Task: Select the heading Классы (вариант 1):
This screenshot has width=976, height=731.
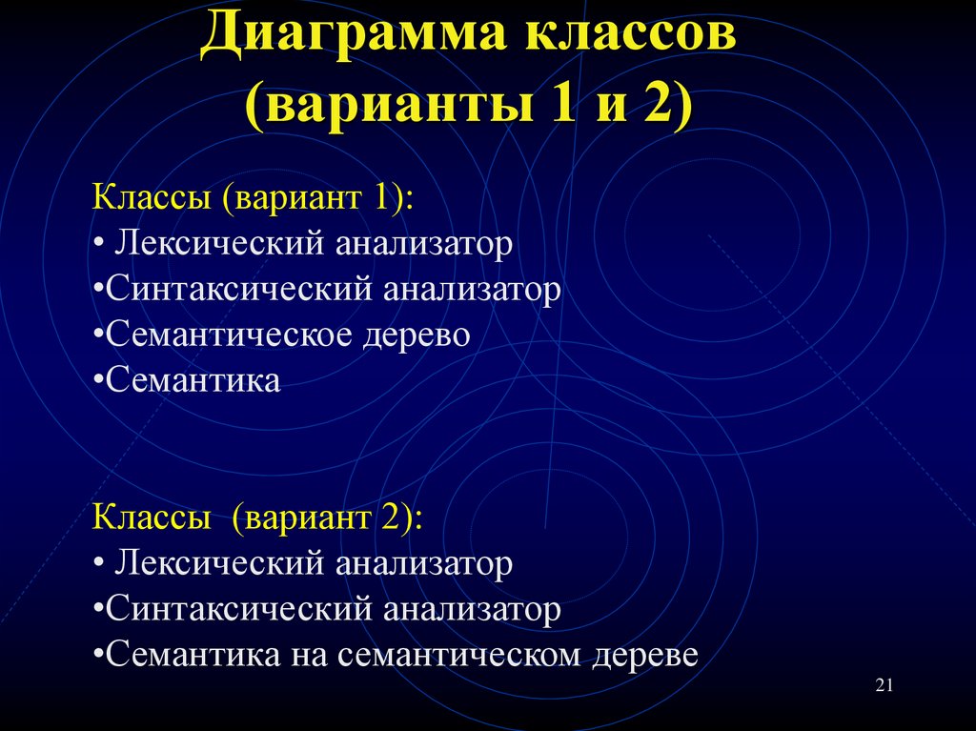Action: [x=254, y=199]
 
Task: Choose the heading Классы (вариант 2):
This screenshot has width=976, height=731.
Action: [x=258, y=519]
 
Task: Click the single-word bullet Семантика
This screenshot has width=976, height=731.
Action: [x=193, y=382]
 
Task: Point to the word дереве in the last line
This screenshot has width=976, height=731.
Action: [x=644, y=656]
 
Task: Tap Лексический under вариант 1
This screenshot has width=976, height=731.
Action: [x=221, y=245]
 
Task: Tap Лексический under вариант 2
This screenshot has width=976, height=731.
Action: [x=221, y=565]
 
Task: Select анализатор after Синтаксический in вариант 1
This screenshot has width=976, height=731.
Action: [x=473, y=291]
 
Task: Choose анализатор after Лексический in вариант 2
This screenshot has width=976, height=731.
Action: [x=424, y=565]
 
